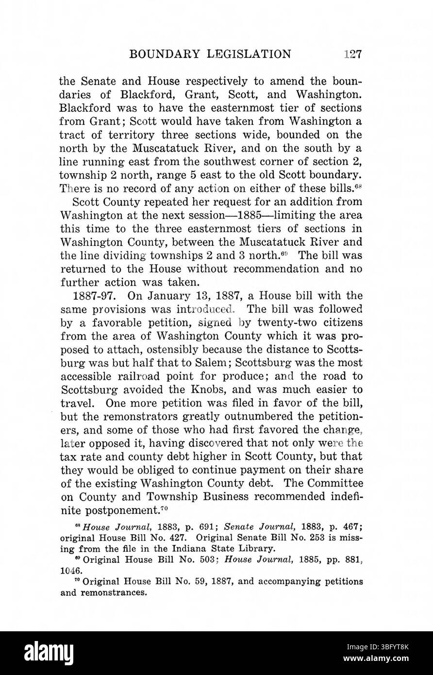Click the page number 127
pyautogui.click(x=351, y=54)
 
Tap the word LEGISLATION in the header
pyautogui.click(x=249, y=54)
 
